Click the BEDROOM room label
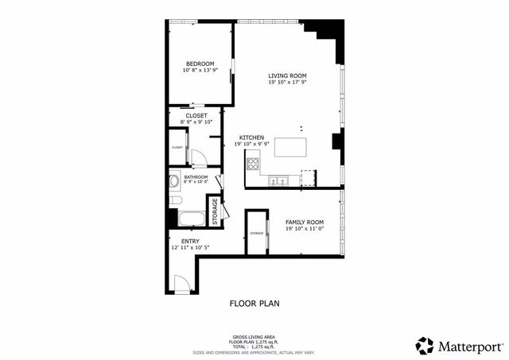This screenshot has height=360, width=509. (200, 64)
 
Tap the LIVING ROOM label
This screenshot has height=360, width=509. (287, 75)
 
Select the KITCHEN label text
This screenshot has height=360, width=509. (252, 137)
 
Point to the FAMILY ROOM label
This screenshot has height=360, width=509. (305, 222)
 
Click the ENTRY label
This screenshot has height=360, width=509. (190, 241)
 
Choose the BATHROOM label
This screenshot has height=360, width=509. (196, 177)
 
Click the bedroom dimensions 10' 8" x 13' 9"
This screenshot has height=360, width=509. (200, 71)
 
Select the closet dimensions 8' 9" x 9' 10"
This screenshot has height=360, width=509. (196, 122)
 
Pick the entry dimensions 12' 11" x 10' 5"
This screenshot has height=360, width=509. (190, 248)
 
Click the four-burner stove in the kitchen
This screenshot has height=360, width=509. (254, 165)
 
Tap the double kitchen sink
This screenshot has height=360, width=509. (278, 180)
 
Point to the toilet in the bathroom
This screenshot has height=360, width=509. (175, 182)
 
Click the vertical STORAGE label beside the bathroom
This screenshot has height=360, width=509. (215, 211)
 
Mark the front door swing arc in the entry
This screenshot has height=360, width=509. (183, 283)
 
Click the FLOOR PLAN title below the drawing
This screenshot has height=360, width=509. (254, 303)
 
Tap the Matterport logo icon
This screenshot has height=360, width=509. (425, 345)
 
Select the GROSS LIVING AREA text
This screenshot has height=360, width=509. (254, 336)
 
